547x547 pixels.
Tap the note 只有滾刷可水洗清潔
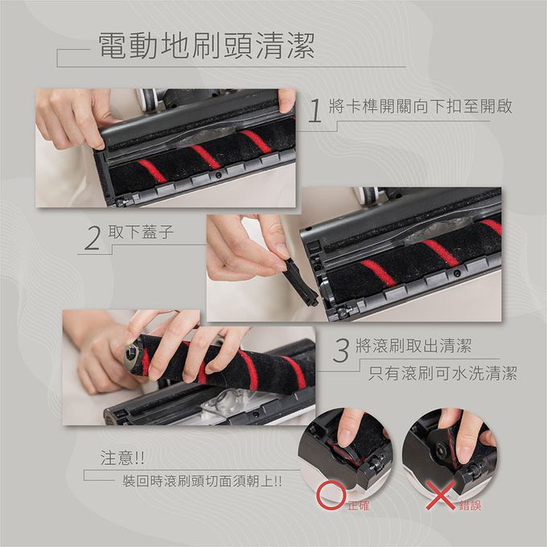pos(442,373)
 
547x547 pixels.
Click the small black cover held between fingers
pos(299,281)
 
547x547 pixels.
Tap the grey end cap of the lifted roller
pos(130,355)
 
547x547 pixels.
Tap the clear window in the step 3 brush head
pos(221,402)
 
